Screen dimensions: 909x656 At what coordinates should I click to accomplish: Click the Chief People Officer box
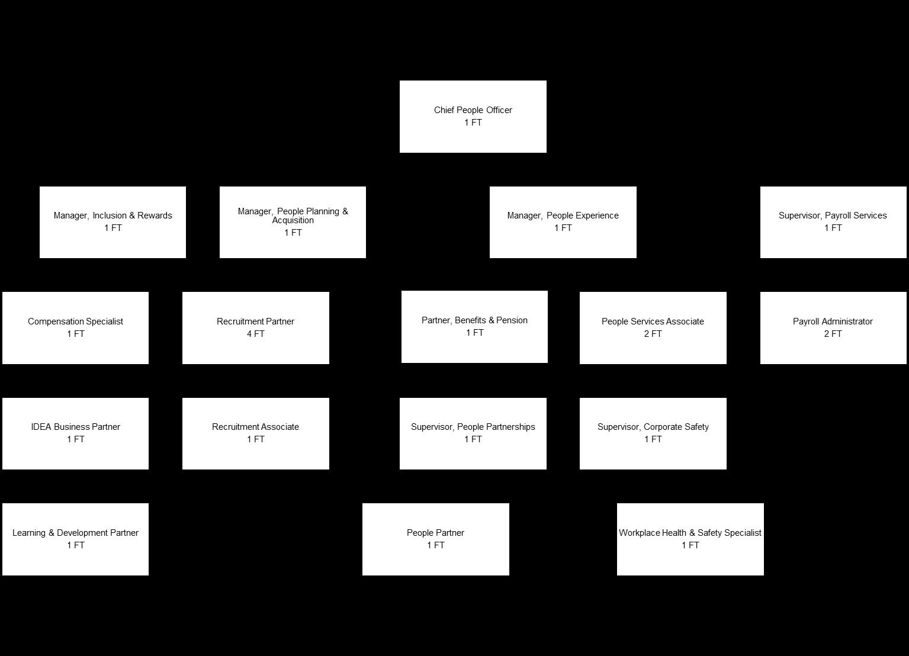[x=473, y=117]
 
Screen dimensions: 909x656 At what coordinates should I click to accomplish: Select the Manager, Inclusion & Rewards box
[x=113, y=222]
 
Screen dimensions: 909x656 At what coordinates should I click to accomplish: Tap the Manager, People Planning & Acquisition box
[x=293, y=222]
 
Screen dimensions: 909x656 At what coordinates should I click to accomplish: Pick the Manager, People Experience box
[x=563, y=222]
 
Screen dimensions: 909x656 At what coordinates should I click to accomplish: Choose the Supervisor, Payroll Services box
[x=833, y=222]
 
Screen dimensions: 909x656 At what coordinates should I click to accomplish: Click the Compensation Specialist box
[x=75, y=327]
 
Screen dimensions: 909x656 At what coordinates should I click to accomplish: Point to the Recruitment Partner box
[x=255, y=327]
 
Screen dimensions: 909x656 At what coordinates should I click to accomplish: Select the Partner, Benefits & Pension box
[x=474, y=326]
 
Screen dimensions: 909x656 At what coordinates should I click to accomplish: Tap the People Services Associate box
[x=653, y=327]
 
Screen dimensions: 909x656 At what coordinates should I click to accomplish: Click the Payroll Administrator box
[x=833, y=327]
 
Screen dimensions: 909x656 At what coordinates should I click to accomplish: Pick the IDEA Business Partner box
[x=75, y=433]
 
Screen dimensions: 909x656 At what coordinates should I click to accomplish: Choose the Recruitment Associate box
[x=255, y=433]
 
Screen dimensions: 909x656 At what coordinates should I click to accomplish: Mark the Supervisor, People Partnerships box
[x=473, y=433]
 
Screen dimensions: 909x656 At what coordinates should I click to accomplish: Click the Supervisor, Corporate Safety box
[x=653, y=433]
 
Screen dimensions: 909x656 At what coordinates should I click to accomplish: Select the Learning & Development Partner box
[x=75, y=539]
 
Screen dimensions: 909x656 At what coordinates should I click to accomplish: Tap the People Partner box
[x=435, y=539]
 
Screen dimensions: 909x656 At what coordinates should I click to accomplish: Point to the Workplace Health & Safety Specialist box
[x=690, y=539]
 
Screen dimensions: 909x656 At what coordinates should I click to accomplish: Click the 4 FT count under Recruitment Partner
[x=255, y=334]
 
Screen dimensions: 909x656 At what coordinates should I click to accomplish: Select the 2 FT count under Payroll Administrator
[x=833, y=334]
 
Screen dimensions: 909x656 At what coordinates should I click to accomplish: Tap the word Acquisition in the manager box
[x=293, y=220]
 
